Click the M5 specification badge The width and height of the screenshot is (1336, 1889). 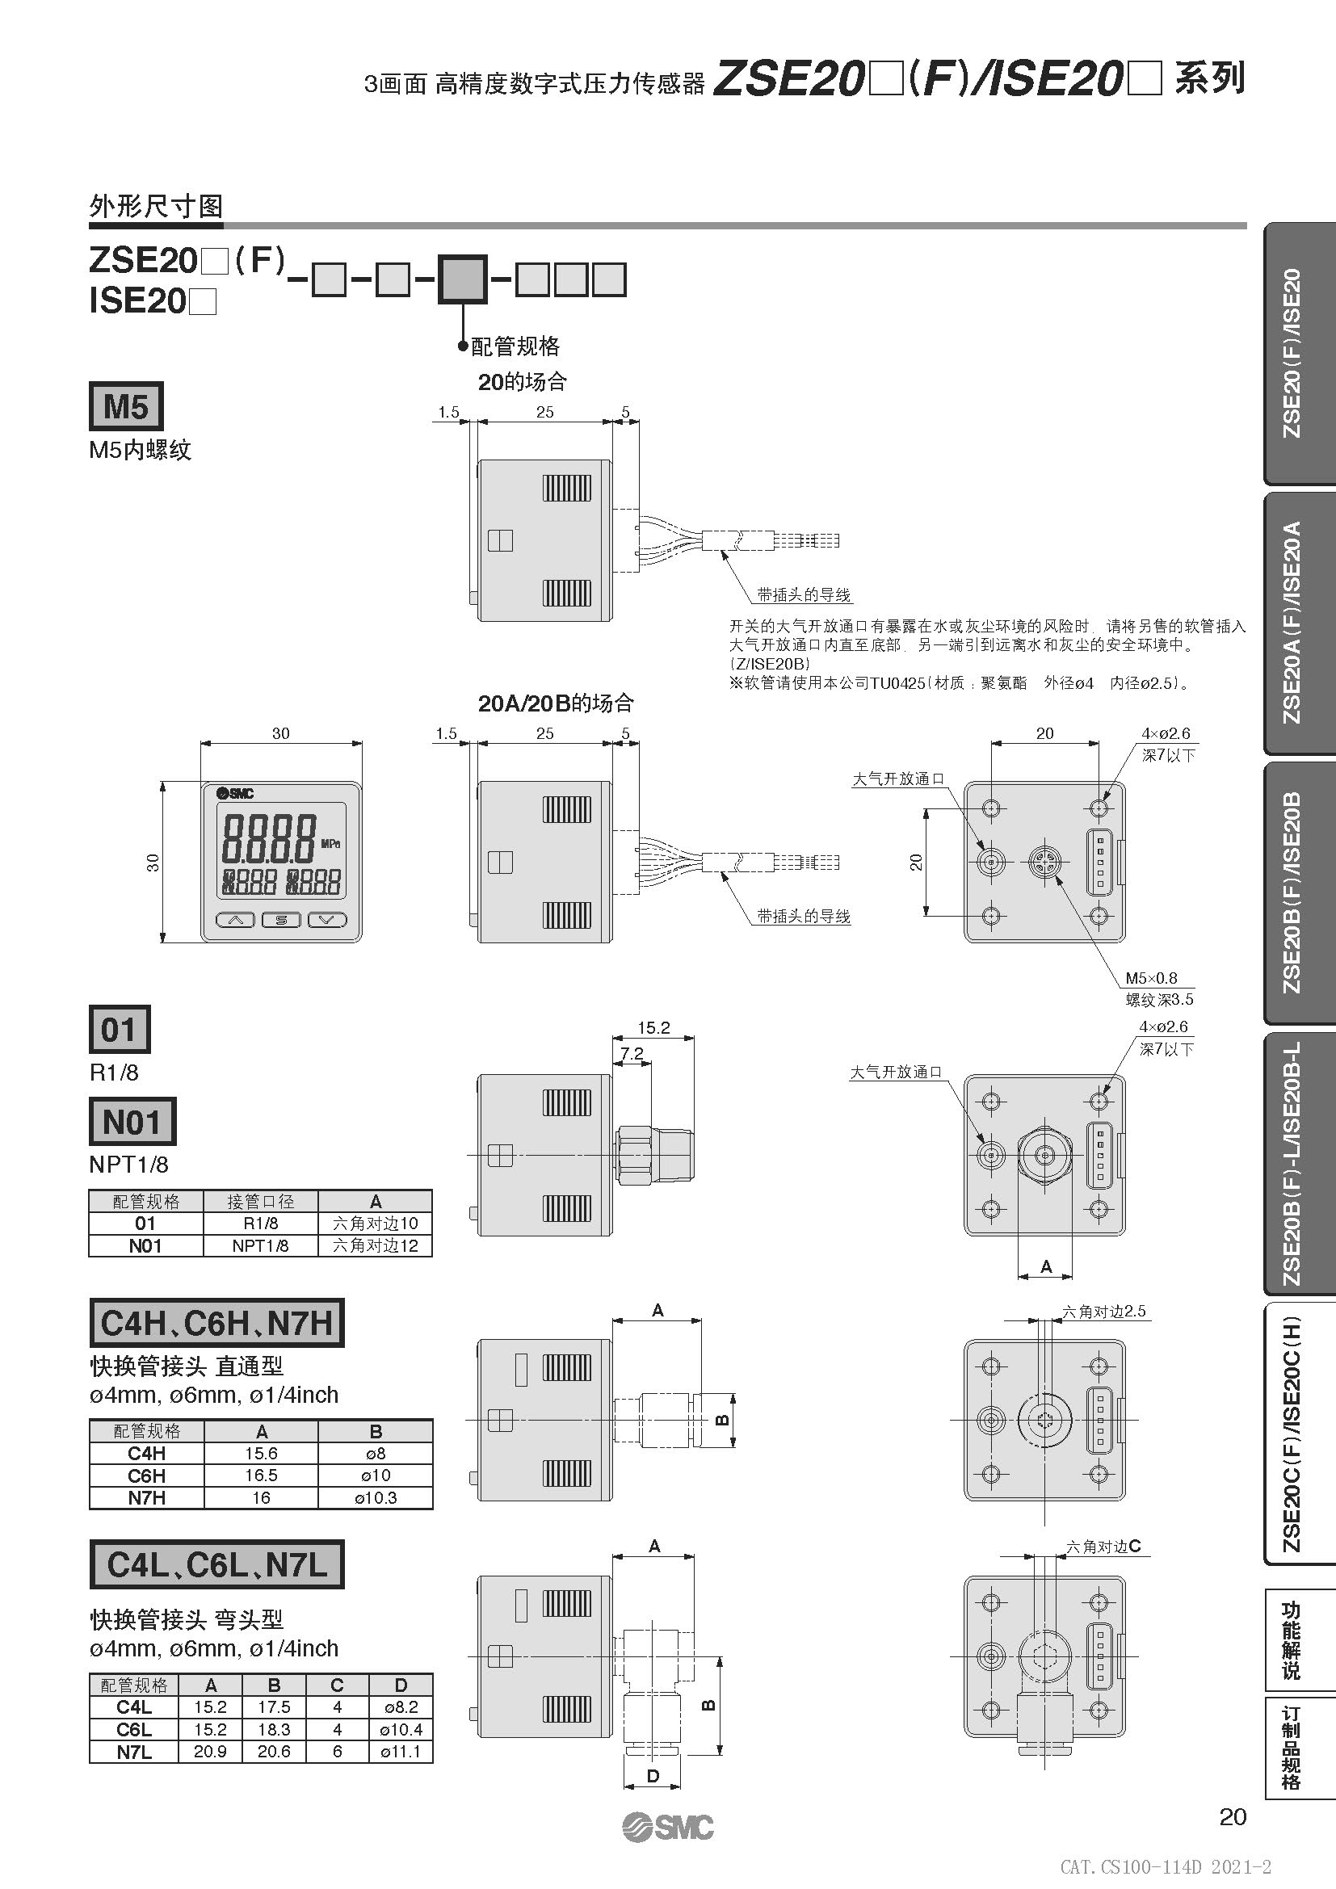[x=126, y=406]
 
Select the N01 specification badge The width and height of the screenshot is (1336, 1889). [x=132, y=1123]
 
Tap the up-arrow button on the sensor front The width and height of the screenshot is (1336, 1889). [x=235, y=920]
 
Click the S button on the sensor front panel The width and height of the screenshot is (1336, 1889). [x=281, y=920]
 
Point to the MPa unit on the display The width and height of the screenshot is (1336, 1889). [x=330, y=843]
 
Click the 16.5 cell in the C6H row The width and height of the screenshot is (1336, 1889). [x=261, y=1476]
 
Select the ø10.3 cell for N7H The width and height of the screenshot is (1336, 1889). [x=375, y=1497]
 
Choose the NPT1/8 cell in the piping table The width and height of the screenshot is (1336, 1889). [x=260, y=1245]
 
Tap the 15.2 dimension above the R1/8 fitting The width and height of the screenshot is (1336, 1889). [x=654, y=1027]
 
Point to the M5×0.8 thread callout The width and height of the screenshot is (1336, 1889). [x=1151, y=978]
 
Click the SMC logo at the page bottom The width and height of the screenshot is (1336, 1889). [x=668, y=1828]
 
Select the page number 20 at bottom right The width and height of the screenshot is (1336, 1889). [x=1233, y=1816]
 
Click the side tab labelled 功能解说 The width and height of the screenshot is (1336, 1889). [x=1292, y=1639]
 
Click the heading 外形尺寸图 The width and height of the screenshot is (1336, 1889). [x=155, y=207]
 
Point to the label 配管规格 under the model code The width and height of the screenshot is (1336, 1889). [x=515, y=346]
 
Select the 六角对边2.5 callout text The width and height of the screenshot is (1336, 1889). [x=1104, y=1312]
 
